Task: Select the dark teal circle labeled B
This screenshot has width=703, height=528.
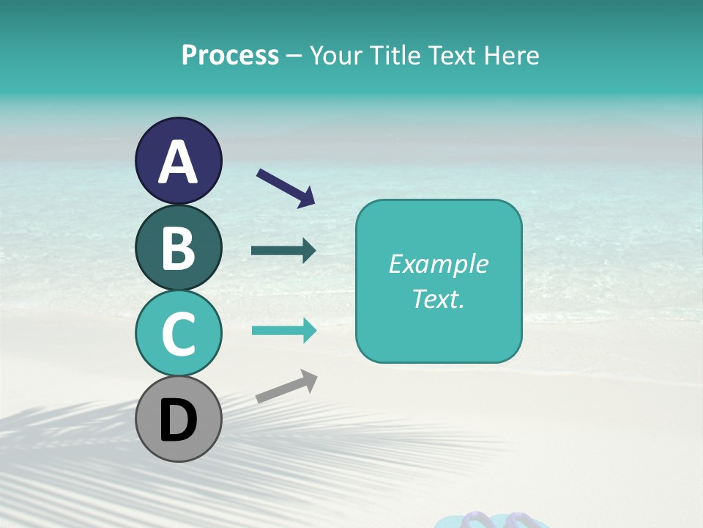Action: [178, 248]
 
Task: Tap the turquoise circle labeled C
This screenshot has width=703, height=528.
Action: [178, 334]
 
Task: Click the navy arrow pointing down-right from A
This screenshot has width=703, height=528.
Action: [286, 188]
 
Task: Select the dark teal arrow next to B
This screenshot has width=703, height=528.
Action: [283, 251]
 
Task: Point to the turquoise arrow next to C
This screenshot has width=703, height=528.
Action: [283, 330]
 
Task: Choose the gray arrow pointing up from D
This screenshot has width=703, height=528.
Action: [286, 386]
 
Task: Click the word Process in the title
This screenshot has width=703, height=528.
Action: [230, 55]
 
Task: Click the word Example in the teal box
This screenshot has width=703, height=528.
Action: [438, 264]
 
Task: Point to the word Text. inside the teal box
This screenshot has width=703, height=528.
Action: [438, 298]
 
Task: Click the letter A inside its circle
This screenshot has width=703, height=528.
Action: [178, 163]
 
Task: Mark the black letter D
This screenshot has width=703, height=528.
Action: [178, 421]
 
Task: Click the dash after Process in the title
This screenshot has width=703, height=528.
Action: [294, 56]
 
